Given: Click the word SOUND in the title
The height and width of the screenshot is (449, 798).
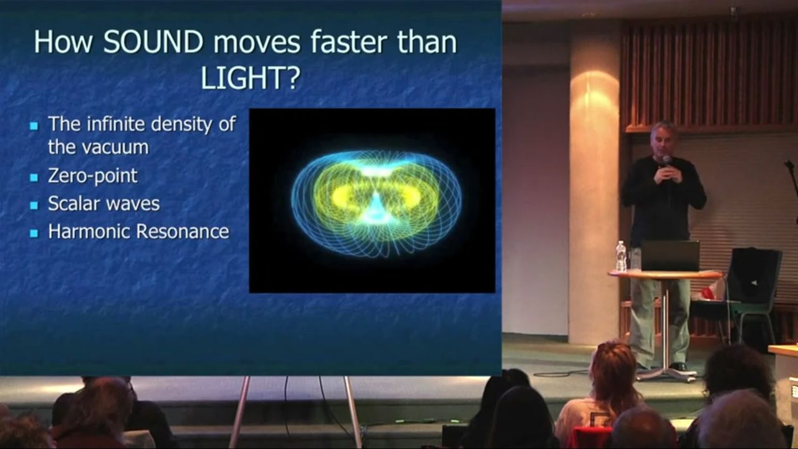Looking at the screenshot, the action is [153, 42].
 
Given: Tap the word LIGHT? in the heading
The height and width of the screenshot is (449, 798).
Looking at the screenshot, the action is [250, 78].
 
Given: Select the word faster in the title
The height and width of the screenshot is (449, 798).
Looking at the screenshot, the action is [348, 42].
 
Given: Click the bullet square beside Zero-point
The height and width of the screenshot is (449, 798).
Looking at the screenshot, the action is [34, 177].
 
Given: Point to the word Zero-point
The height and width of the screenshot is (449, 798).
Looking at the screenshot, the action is [93, 176].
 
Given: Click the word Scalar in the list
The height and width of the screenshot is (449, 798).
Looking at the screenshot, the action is [74, 203].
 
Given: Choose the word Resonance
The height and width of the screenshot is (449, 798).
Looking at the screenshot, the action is [183, 231].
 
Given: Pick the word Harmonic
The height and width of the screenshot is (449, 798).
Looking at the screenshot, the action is [90, 231].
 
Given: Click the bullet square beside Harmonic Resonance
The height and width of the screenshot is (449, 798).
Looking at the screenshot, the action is [34, 233].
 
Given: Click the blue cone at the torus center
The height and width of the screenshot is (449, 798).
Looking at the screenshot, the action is [375, 208].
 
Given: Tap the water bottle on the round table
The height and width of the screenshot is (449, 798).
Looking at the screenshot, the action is [621, 256].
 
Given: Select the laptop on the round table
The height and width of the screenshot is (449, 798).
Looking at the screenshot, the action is [670, 256].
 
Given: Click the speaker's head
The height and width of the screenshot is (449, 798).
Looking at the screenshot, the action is [662, 138].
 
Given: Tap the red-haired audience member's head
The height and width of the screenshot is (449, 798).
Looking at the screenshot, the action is [613, 370].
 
